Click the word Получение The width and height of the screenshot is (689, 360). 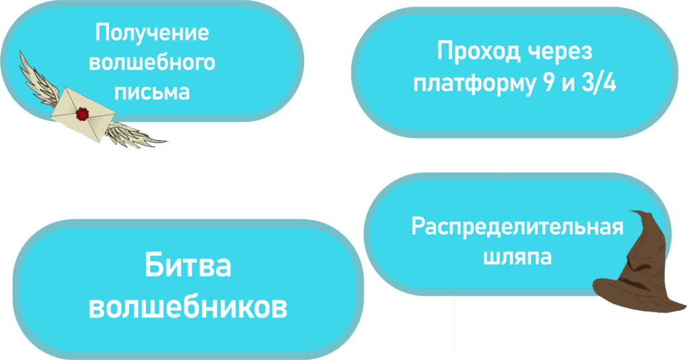click(152, 34)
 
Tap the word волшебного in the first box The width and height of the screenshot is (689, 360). click(152, 63)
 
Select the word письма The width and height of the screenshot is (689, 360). click(152, 91)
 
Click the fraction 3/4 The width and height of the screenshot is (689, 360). click(597, 85)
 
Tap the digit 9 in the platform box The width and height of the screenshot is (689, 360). click(543, 85)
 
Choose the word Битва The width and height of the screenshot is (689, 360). click(188, 266)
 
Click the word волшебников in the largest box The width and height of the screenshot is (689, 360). click(188, 307)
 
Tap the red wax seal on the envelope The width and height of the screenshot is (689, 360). click(83, 114)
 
